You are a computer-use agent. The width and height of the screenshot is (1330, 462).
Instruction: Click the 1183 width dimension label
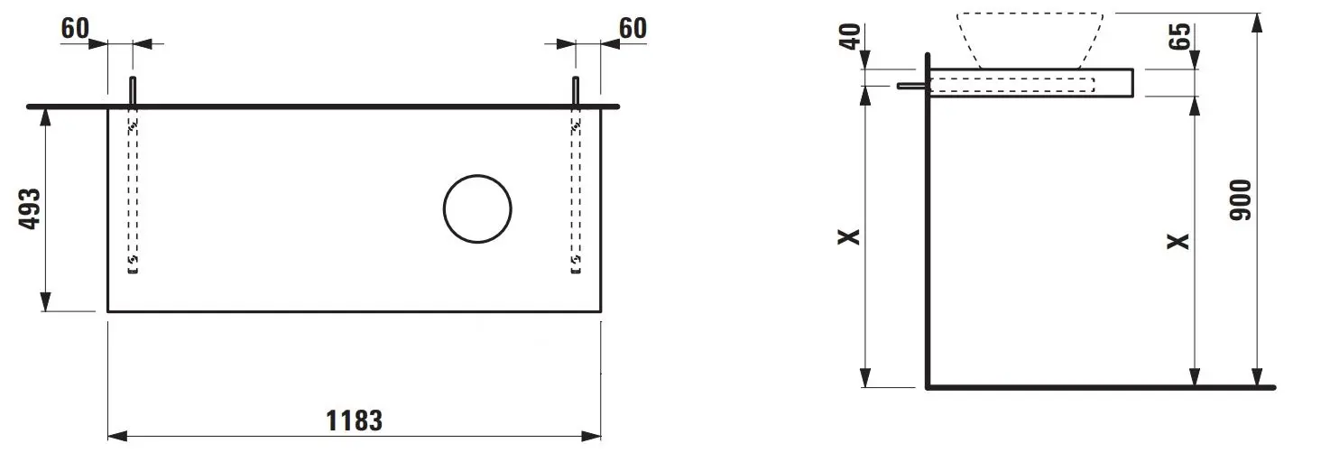tap(355, 420)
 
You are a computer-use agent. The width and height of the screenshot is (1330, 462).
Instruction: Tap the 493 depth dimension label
tap(31, 208)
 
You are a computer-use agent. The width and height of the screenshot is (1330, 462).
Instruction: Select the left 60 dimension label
tap(75, 28)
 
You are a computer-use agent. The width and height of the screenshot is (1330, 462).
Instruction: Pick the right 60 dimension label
tap(633, 28)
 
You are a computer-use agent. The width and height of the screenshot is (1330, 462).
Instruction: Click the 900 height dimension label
tap(1241, 200)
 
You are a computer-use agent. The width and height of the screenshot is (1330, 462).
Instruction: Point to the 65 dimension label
tap(1180, 36)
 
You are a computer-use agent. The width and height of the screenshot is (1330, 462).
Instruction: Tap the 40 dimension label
tap(850, 36)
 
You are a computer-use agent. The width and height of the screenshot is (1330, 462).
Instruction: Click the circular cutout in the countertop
tap(477, 175)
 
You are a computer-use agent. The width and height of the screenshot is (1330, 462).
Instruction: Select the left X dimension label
tap(850, 236)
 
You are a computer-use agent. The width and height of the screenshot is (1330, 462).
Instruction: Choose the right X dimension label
tap(1179, 241)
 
